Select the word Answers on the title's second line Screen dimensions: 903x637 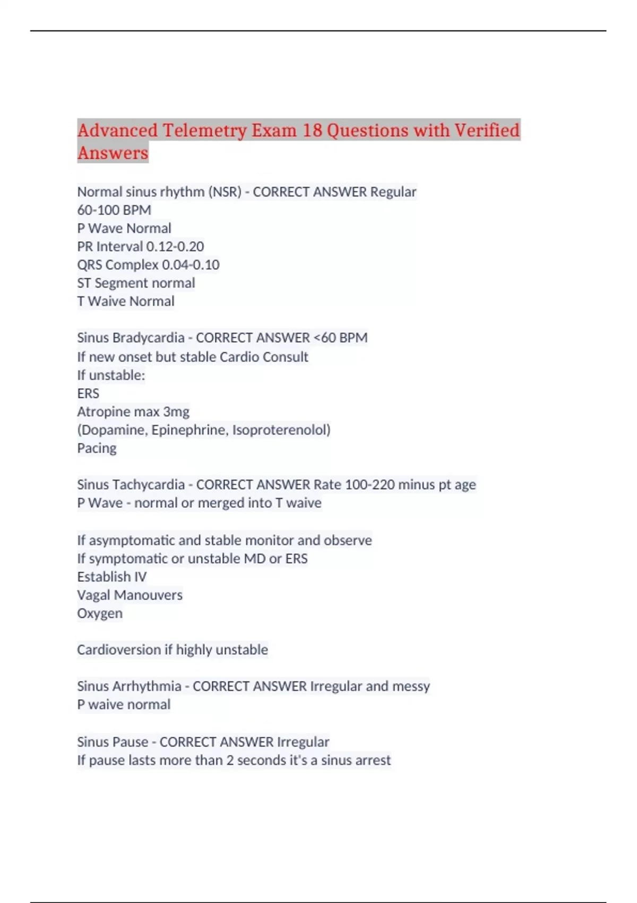113,153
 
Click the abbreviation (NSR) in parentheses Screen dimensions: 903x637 225,192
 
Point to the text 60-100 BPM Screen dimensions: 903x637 114,210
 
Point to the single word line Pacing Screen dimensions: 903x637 97,448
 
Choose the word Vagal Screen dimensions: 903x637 93,595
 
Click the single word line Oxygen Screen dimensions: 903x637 100,614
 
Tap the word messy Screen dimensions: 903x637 411,686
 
